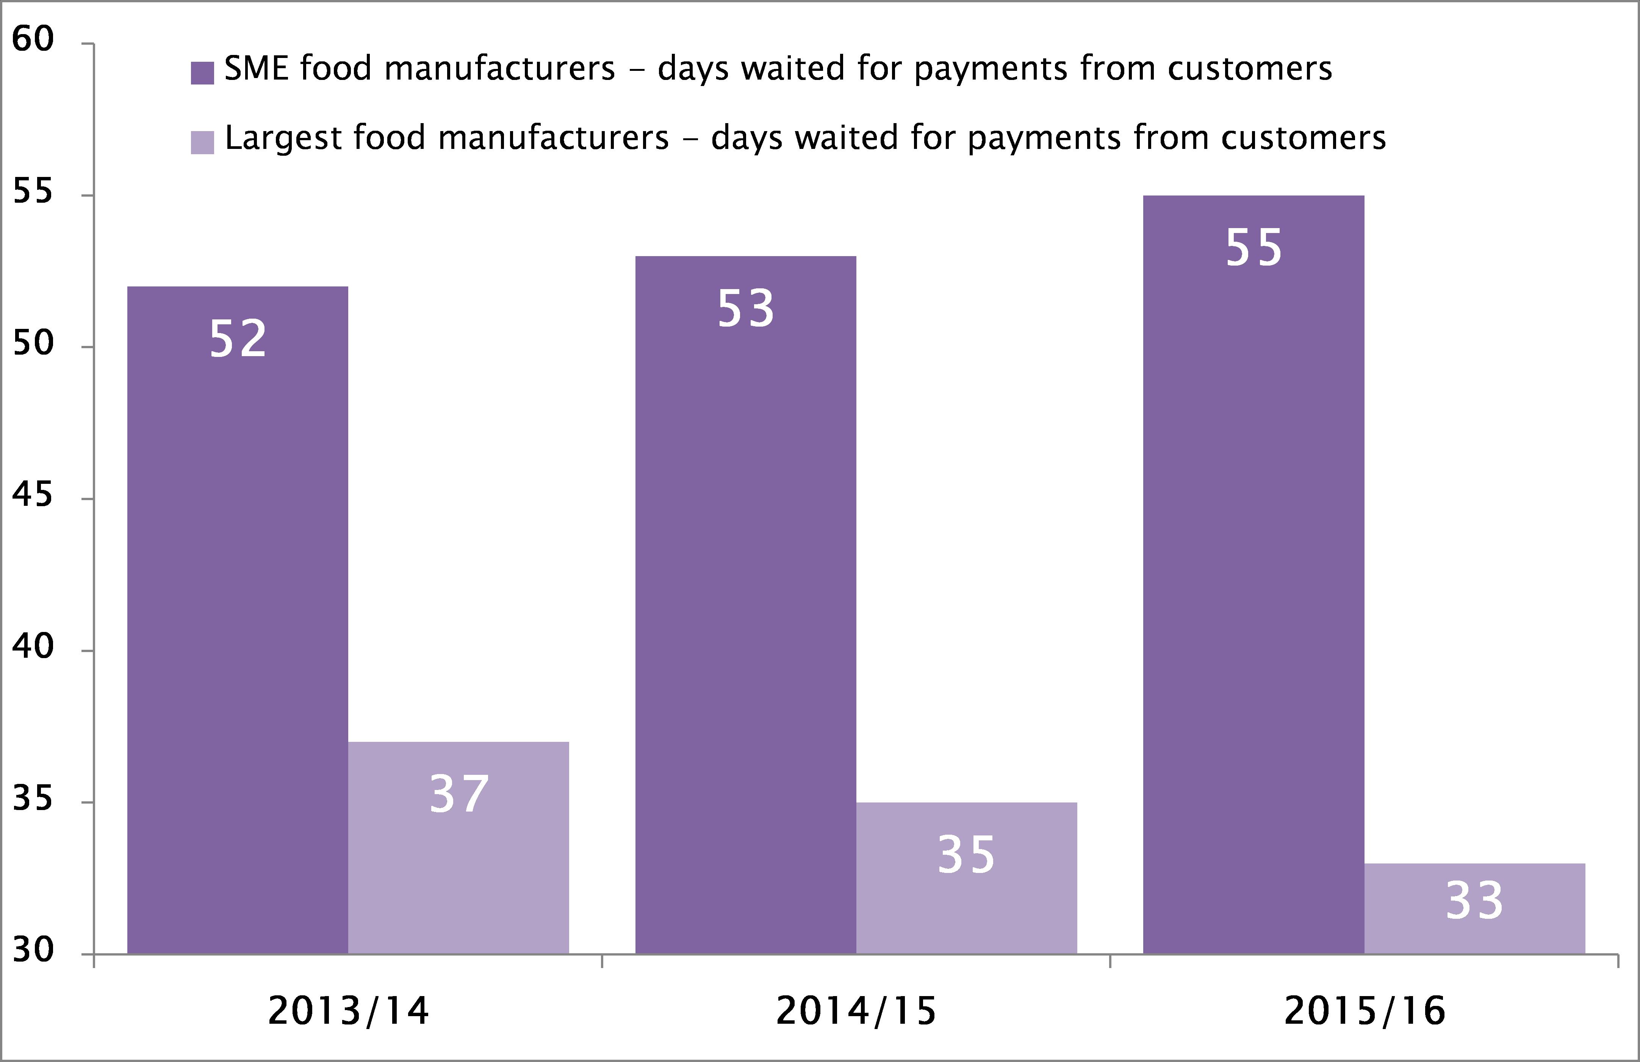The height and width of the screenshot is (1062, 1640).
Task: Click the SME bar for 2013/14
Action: (x=238, y=620)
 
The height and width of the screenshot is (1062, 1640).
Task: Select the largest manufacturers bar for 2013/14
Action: (x=458, y=848)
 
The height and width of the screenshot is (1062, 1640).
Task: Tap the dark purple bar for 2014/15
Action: (x=746, y=607)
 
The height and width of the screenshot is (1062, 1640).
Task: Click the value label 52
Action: (x=238, y=338)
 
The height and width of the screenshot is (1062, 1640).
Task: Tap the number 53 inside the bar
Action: (x=746, y=308)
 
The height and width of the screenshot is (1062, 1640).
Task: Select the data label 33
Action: (x=1475, y=900)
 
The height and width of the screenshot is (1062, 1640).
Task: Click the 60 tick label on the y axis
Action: (x=33, y=39)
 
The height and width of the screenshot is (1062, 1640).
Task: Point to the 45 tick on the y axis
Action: (x=33, y=495)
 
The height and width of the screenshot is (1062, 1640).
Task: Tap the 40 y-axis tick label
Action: (x=33, y=646)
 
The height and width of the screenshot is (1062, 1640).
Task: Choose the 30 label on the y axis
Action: (x=33, y=950)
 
